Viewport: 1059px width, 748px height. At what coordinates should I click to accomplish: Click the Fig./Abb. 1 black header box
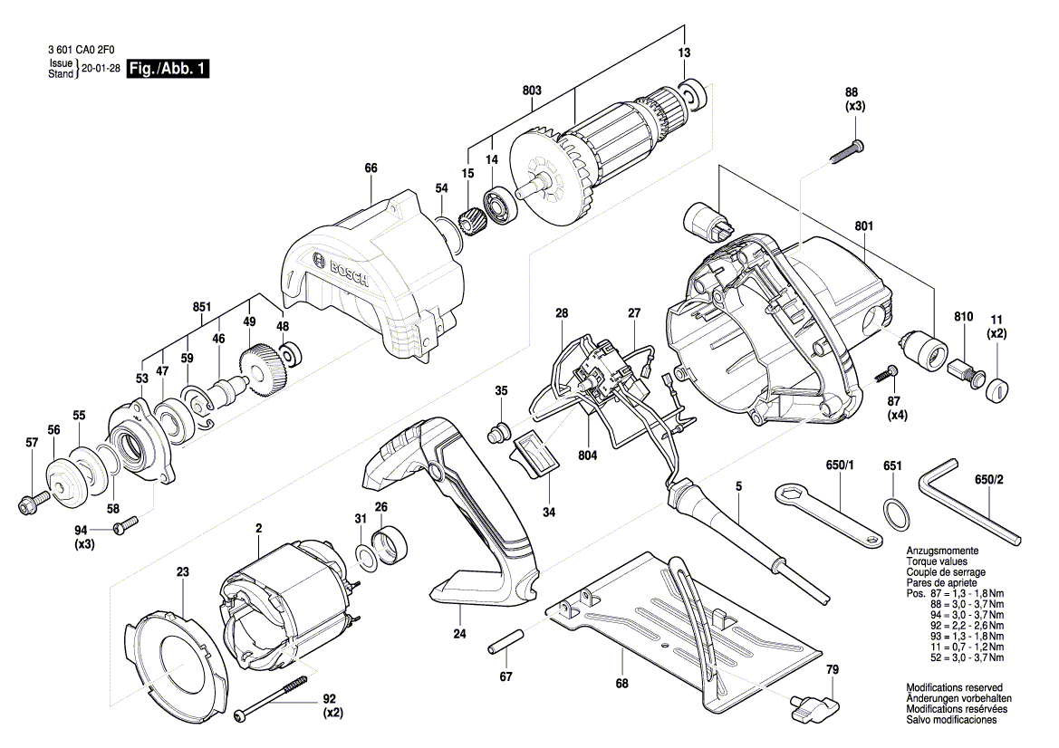tap(169, 69)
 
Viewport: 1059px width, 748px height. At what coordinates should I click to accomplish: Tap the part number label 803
tap(532, 91)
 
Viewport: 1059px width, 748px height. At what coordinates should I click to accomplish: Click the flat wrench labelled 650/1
tap(829, 514)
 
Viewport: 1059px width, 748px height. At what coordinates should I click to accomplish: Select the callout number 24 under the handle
tap(459, 634)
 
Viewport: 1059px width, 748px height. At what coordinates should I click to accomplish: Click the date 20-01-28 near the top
tap(101, 69)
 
